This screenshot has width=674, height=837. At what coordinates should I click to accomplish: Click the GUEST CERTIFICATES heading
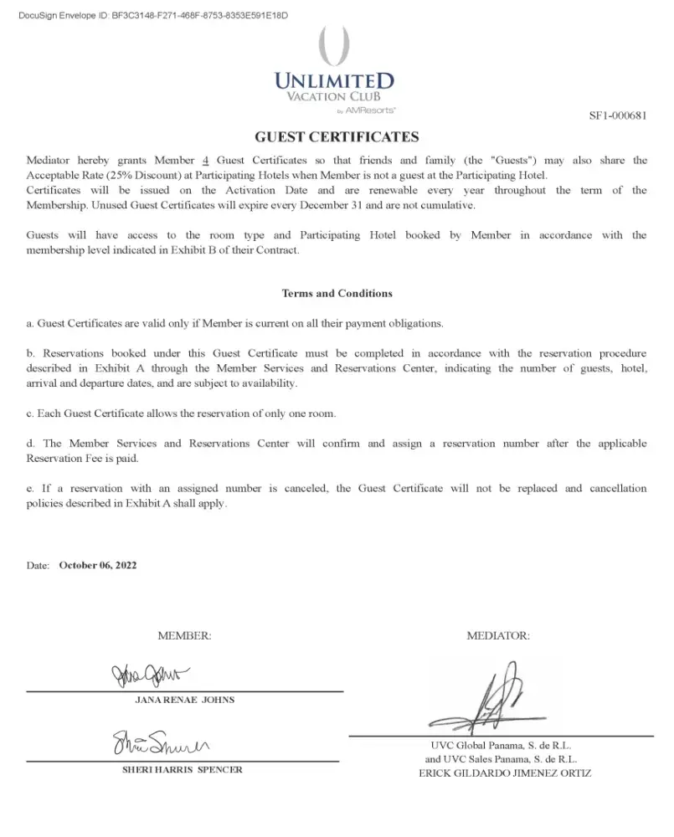pyautogui.click(x=337, y=137)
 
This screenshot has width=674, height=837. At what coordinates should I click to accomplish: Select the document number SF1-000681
pyautogui.click(x=618, y=116)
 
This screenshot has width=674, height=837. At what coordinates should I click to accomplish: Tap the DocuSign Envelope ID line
pyautogui.click(x=153, y=16)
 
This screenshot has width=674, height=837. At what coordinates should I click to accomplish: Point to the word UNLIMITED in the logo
pyautogui.click(x=334, y=82)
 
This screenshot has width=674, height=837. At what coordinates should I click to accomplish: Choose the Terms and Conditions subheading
pyautogui.click(x=337, y=294)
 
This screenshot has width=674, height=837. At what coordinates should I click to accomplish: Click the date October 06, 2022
pyautogui.click(x=98, y=566)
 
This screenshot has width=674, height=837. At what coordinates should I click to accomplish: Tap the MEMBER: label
pyautogui.click(x=184, y=636)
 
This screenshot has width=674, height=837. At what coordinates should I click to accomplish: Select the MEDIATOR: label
pyautogui.click(x=498, y=636)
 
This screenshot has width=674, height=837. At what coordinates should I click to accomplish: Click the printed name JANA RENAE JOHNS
pyautogui.click(x=185, y=700)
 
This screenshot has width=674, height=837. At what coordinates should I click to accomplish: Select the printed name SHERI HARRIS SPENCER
pyautogui.click(x=183, y=769)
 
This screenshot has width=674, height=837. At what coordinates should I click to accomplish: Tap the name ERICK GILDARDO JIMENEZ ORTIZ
pyautogui.click(x=505, y=773)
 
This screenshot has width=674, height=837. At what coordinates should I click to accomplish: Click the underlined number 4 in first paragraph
pyautogui.click(x=206, y=161)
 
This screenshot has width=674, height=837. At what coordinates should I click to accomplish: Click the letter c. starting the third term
pyautogui.click(x=30, y=413)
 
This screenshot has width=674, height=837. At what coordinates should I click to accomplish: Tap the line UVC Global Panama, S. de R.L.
pyautogui.click(x=501, y=745)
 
